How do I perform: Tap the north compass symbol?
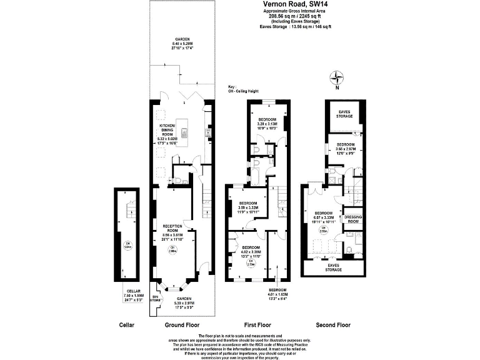pos(338,78)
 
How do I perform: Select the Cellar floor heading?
pos(127,325)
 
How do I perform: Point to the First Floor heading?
pos(257,325)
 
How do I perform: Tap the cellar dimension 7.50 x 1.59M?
pos(132,296)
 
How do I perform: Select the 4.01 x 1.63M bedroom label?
pos(277,294)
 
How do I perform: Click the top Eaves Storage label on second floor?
pos(345,114)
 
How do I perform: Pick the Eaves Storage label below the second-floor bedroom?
pos(333,267)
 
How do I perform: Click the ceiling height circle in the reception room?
pos(172,249)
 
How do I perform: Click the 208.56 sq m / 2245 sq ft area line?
pos(296,16)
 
